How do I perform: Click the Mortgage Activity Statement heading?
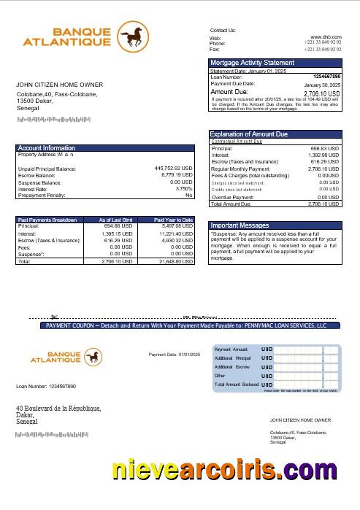(x=252, y=63)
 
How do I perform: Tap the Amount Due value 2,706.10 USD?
(x=321, y=93)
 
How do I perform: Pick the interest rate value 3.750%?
(x=183, y=189)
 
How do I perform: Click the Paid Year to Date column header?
(x=173, y=220)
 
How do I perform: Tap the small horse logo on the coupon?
(x=93, y=355)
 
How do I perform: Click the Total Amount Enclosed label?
(x=236, y=384)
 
